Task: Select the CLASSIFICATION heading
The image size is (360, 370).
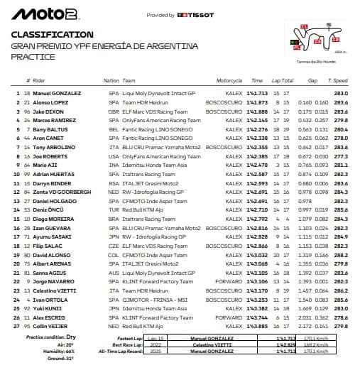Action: [53, 34]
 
